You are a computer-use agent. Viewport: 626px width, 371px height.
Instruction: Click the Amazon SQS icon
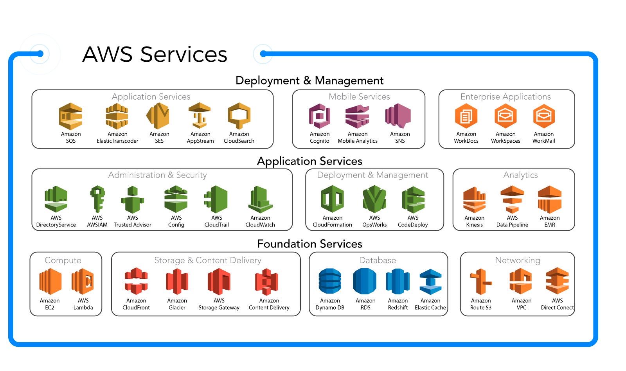coord(71,116)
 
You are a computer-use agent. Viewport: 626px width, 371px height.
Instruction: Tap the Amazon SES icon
coord(158,116)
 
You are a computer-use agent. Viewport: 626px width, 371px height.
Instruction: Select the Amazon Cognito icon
coord(320,116)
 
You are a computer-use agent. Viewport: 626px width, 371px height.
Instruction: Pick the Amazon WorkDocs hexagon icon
coord(466,116)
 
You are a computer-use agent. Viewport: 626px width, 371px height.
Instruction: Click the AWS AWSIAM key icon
coord(97,199)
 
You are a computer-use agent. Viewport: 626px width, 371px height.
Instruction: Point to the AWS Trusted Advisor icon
coord(133,200)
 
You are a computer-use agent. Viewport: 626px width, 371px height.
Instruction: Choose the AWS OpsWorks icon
coord(374,199)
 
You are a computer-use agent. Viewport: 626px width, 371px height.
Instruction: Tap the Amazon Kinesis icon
coord(474,200)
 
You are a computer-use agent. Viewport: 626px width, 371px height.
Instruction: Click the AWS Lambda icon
coord(83,281)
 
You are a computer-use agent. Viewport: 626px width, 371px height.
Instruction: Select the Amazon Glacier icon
coord(177,281)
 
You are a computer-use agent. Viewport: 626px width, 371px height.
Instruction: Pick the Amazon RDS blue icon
coord(365,281)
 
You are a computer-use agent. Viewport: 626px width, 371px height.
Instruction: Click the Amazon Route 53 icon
coord(480,281)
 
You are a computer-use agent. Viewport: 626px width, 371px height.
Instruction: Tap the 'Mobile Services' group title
coord(359,97)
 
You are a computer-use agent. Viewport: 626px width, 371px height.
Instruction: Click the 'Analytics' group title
coord(520,175)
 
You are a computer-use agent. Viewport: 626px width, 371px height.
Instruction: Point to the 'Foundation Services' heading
coord(309,244)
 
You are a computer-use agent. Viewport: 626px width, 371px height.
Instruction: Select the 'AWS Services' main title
coord(155,54)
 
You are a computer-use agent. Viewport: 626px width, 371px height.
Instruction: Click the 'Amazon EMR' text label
coord(550,221)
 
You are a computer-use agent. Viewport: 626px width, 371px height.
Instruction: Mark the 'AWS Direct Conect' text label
coord(557,304)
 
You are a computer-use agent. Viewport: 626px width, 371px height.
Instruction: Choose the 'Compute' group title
coord(63,260)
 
